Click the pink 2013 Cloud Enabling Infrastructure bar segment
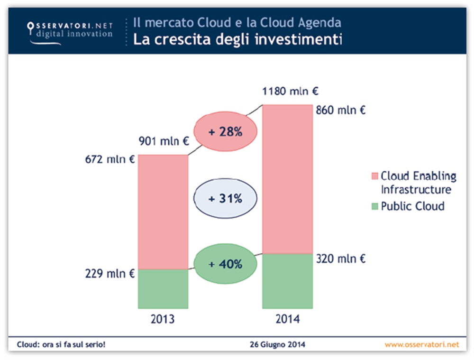tap(163, 212)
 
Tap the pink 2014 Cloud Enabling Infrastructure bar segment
tap(288, 178)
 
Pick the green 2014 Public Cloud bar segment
tap(288, 281)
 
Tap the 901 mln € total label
tap(164, 141)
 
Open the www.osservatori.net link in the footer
tap(421, 344)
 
